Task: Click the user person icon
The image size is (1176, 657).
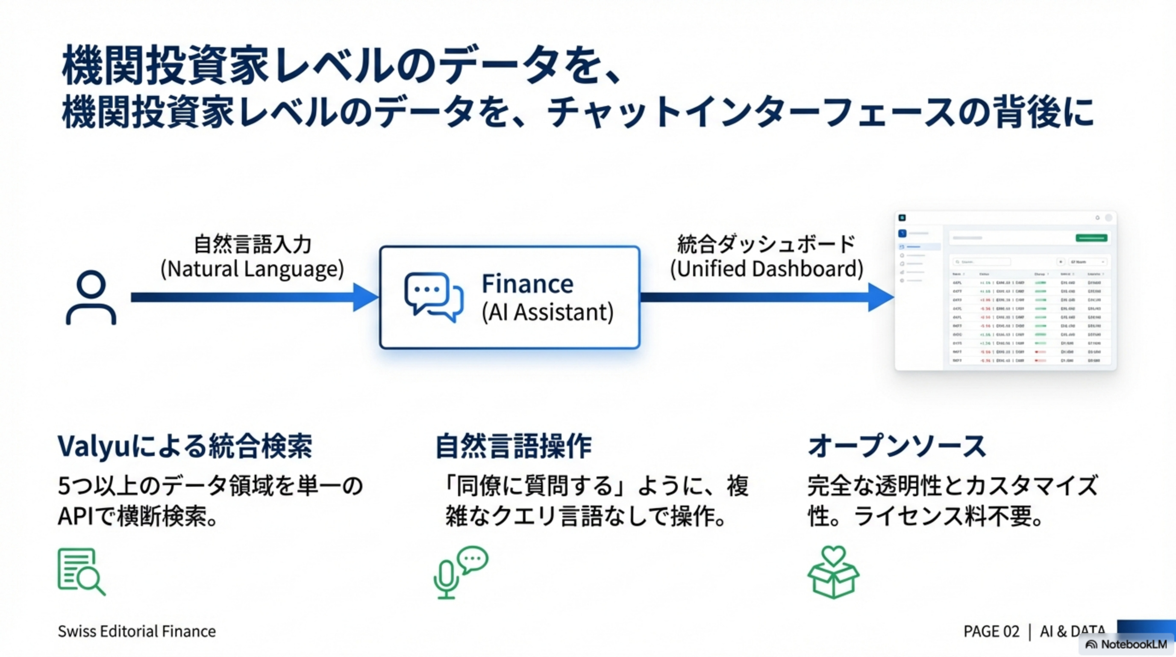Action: pyautogui.click(x=91, y=297)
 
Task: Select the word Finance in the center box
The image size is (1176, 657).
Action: pyautogui.click(x=527, y=284)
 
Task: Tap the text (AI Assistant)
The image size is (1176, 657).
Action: pyautogui.click(x=547, y=313)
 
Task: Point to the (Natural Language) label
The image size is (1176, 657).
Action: pyautogui.click(x=252, y=269)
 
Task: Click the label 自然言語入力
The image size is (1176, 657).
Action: pyautogui.click(x=253, y=244)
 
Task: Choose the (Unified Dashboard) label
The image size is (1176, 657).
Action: pyautogui.click(x=767, y=269)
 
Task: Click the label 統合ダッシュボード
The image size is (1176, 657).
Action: pyautogui.click(x=766, y=244)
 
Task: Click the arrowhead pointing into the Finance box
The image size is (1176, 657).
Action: pyautogui.click(x=365, y=297)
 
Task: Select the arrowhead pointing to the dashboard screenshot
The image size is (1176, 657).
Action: pyautogui.click(x=880, y=297)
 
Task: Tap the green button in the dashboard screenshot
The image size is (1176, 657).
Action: pyautogui.click(x=1091, y=237)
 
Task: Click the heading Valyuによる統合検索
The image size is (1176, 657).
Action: pyautogui.click(x=185, y=446)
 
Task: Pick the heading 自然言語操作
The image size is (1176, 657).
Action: pyautogui.click(x=513, y=446)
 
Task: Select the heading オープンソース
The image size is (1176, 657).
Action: pyautogui.click(x=897, y=446)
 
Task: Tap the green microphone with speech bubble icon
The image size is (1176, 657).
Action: pyautogui.click(x=460, y=572)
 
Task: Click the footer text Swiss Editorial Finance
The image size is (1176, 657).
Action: pyautogui.click(x=136, y=631)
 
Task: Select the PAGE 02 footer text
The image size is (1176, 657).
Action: pyautogui.click(x=991, y=631)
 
